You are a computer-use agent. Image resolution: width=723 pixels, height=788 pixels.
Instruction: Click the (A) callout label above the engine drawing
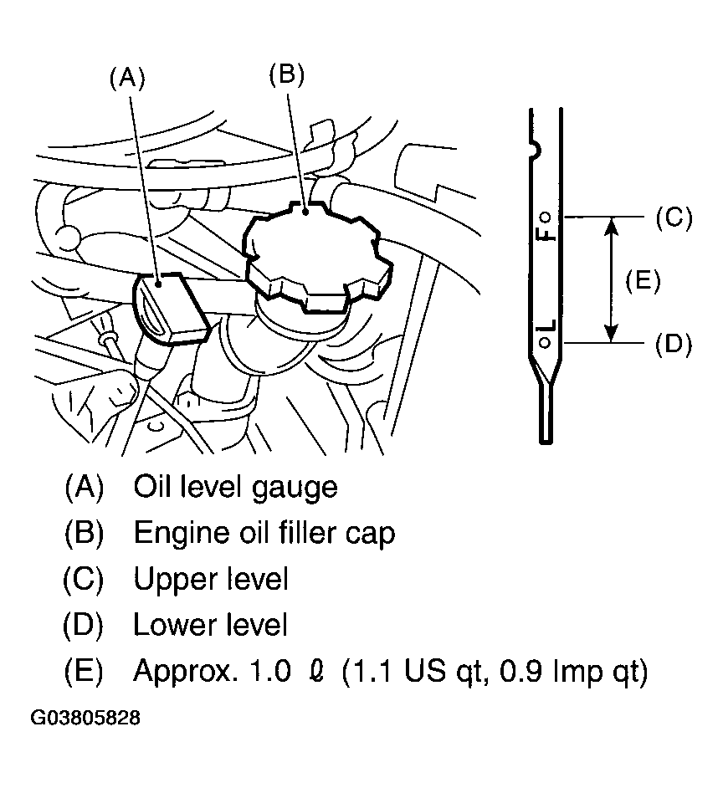coord(127,79)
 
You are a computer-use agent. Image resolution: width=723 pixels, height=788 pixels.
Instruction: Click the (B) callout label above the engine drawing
coord(286,75)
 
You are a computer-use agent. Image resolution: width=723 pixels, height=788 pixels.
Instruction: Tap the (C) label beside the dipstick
coord(674,217)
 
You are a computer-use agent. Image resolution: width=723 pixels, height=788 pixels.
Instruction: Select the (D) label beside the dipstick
coord(674,345)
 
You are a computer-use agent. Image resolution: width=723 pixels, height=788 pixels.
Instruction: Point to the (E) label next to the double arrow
coord(643,280)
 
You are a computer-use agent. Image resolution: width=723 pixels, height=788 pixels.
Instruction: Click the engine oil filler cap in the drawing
coord(318,256)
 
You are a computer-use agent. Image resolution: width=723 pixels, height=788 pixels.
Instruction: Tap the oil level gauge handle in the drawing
coord(171,309)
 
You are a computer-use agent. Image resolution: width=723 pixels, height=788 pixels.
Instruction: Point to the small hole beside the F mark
coord(545,217)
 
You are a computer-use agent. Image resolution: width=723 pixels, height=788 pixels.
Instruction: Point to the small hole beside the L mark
coord(545,343)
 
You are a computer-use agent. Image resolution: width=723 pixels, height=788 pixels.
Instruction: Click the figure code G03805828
coord(85,718)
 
